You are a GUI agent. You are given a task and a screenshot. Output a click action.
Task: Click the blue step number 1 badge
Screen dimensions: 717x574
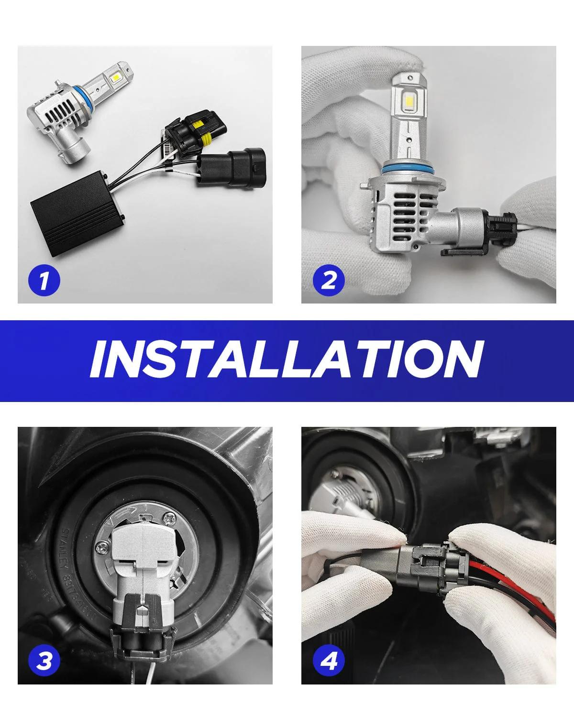(44, 280)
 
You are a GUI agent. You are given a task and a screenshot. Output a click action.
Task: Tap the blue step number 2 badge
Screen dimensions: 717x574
(328, 280)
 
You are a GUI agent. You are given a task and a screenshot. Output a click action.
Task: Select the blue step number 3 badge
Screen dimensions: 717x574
(44, 662)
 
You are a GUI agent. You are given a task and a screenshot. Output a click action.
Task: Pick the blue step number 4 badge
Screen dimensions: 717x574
(328, 662)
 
